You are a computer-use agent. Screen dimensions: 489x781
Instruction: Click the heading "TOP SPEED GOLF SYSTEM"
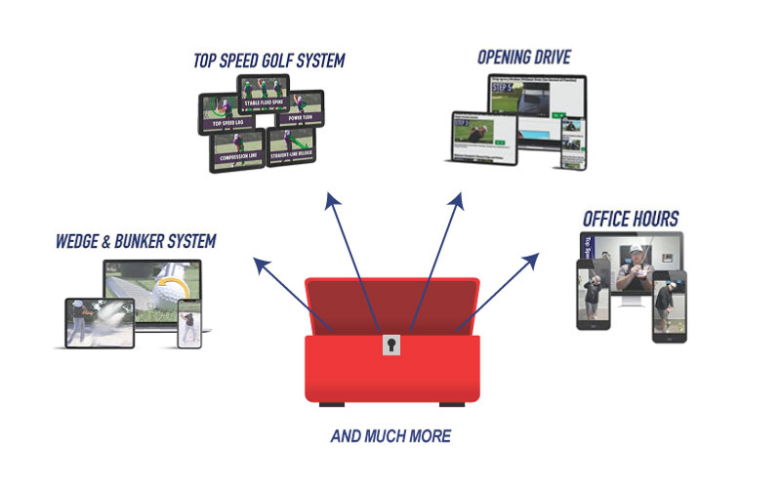(x=268, y=61)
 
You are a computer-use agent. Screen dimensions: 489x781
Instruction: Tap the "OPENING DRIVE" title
(x=523, y=57)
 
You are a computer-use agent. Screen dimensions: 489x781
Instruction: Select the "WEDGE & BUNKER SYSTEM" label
(x=136, y=240)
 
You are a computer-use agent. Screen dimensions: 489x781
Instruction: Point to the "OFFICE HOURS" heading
(x=631, y=217)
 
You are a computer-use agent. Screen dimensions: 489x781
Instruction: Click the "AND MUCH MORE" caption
(x=390, y=435)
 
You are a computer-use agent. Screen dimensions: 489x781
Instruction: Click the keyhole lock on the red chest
(x=391, y=344)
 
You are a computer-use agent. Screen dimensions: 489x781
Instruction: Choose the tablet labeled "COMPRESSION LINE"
(x=236, y=151)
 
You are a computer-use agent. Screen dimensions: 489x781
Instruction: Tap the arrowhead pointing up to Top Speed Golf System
(x=332, y=198)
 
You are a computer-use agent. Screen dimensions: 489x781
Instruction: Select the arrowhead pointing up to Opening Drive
(x=456, y=198)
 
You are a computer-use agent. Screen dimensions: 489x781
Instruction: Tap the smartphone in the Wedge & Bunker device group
(x=189, y=322)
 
